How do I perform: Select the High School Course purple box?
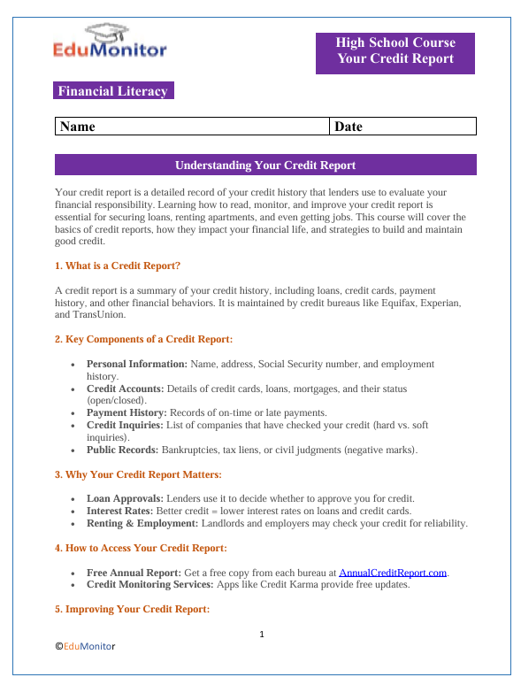click(x=395, y=52)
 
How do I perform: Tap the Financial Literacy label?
click(x=111, y=91)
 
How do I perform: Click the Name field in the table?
click(x=191, y=127)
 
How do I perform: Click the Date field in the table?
click(x=403, y=127)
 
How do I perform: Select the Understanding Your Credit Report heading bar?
click(x=265, y=165)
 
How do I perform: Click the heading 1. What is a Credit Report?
click(x=118, y=266)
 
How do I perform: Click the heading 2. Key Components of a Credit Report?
click(x=142, y=339)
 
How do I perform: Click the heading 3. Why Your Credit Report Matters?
click(x=138, y=475)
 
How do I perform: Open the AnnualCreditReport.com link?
click(x=392, y=573)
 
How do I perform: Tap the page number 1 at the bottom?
click(x=262, y=634)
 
